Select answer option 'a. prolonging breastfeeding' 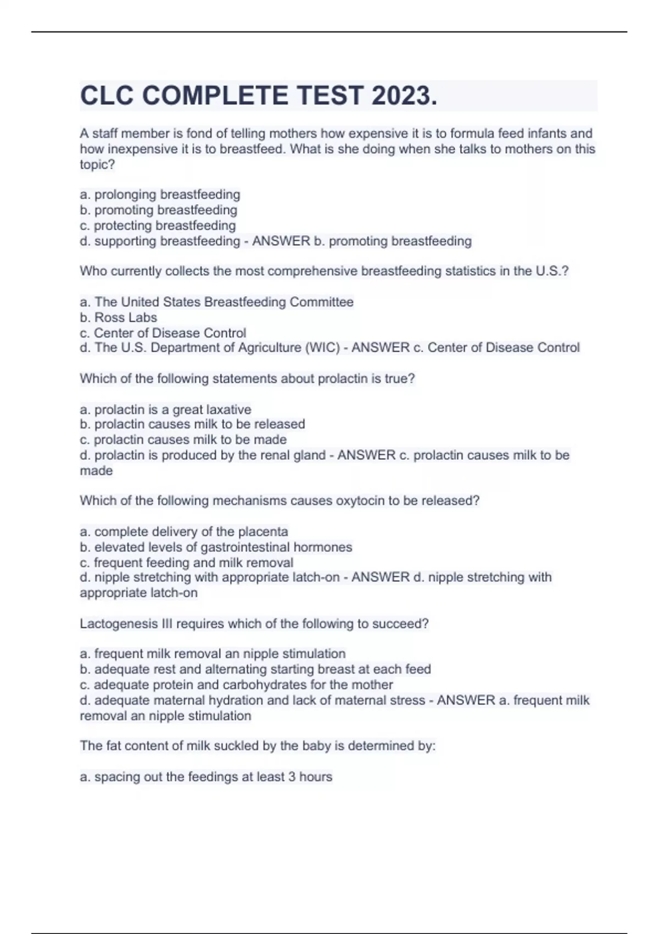point(160,194)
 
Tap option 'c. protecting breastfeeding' point(158,225)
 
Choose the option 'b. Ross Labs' point(118,318)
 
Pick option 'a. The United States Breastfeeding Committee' point(216,302)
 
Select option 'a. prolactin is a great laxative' point(165,409)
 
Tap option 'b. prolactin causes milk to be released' point(192,424)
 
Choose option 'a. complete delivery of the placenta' point(184,531)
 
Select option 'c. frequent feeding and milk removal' point(187,563)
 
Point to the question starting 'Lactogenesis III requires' point(254,624)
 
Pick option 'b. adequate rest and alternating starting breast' point(255,669)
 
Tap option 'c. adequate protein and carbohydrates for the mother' point(236,685)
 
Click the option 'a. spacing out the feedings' point(206,777)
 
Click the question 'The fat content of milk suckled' point(258,746)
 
